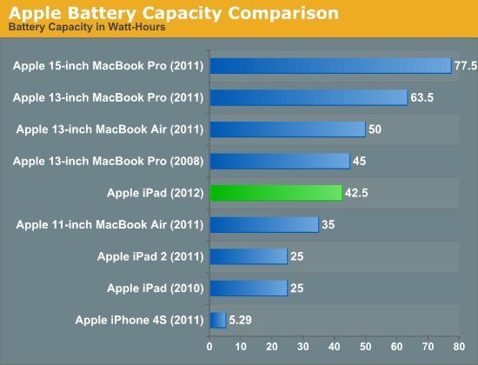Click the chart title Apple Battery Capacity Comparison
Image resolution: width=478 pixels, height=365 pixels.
(x=174, y=15)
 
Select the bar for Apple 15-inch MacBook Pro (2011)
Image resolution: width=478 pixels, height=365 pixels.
(x=330, y=66)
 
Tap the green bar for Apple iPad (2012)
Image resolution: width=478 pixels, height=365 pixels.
(x=276, y=193)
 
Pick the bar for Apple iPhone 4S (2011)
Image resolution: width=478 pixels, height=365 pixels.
(x=217, y=320)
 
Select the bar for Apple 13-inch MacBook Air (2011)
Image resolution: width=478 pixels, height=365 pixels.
(x=287, y=129)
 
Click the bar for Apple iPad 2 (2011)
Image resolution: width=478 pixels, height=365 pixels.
(x=248, y=256)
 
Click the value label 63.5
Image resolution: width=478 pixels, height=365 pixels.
(x=422, y=98)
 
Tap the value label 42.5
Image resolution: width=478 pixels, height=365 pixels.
(x=356, y=193)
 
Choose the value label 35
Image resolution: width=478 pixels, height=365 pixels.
(x=328, y=225)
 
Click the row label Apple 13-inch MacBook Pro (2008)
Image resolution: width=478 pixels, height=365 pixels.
(x=109, y=162)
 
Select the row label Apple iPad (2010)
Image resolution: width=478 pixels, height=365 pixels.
(x=156, y=288)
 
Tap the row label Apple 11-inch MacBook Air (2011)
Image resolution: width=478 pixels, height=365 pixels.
(x=110, y=225)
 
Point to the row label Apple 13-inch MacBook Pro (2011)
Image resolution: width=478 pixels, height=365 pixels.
(x=109, y=98)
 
